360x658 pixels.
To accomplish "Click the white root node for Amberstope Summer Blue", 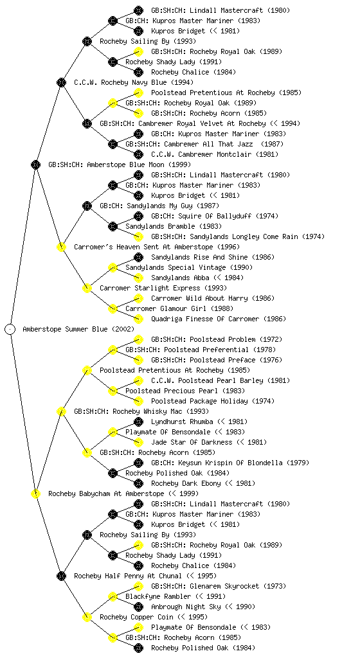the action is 10,329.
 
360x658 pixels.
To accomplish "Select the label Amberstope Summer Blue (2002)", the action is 78,329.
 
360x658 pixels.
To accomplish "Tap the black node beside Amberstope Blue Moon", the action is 35,164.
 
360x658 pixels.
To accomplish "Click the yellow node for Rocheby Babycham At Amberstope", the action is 35,493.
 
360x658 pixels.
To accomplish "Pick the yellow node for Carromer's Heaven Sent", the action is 61,247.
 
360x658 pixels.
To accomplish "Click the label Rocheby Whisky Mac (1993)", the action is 141,411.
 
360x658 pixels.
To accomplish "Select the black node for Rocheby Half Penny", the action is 61,576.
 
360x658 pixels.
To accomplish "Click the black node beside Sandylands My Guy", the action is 87,206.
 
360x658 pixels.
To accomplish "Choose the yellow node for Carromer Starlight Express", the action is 87,288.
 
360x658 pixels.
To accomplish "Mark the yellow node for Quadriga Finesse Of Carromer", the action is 138,319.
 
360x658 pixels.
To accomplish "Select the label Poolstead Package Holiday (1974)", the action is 213,401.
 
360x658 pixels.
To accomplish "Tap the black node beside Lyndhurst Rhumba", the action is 138,422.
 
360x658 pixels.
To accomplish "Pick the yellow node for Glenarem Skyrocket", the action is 138,586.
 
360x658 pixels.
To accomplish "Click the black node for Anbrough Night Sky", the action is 138,607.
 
